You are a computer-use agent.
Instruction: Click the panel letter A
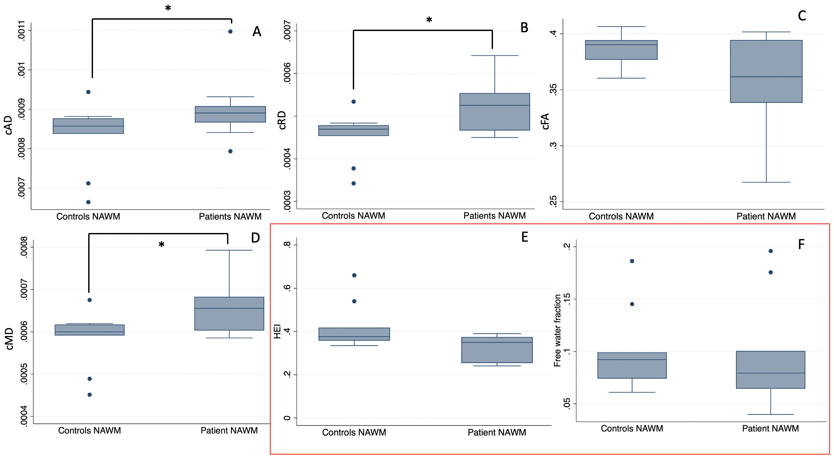(257, 32)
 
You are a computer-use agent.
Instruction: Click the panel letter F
(801, 244)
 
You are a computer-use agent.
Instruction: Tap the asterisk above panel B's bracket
(429, 20)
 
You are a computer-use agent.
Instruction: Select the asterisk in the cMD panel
(162, 245)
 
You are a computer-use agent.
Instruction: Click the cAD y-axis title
(8, 125)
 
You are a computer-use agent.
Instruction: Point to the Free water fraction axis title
(558, 330)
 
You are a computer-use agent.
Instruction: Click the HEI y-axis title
(277, 332)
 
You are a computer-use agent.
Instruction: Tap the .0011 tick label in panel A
(21, 30)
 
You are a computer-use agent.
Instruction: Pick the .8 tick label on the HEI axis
(287, 245)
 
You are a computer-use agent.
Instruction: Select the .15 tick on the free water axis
(567, 299)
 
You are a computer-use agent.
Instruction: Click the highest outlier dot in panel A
(230, 31)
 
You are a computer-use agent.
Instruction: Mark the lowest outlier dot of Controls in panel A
(88, 202)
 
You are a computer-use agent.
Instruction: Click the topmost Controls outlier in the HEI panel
(354, 275)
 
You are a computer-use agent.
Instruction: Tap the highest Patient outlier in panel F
(771, 251)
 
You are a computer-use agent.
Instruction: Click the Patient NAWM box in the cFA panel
(766, 72)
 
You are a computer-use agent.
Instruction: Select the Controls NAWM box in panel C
(621, 50)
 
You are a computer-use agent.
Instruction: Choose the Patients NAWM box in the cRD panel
(494, 112)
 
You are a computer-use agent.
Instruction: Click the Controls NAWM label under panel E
(354, 432)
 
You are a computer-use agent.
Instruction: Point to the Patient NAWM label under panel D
(229, 431)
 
